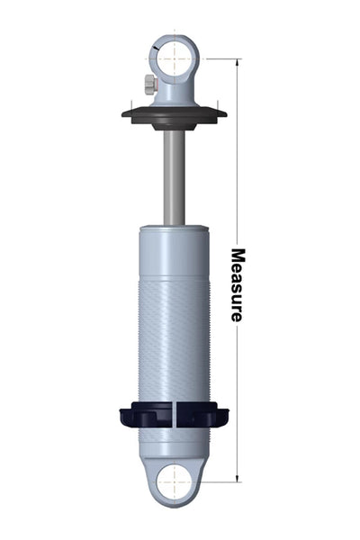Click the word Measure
(238, 284)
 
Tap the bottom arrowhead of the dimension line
(237, 479)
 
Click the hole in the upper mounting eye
(175, 59)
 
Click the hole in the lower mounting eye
(175, 481)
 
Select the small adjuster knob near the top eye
(150, 85)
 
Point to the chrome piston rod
(175, 178)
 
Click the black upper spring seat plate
(175, 114)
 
